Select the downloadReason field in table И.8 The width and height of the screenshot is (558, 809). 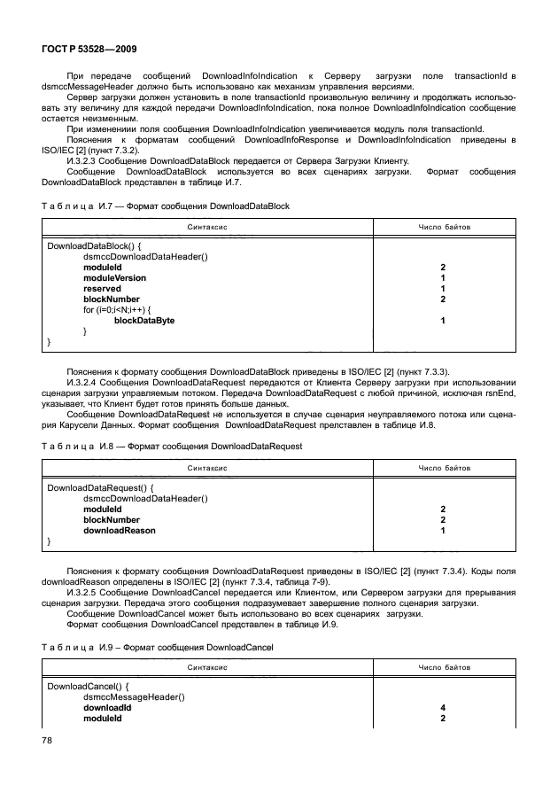click(119, 530)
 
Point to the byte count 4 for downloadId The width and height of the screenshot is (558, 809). click(441, 709)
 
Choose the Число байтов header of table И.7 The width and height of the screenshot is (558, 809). click(444, 228)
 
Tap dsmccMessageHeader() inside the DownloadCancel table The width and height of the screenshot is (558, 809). click(133, 698)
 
